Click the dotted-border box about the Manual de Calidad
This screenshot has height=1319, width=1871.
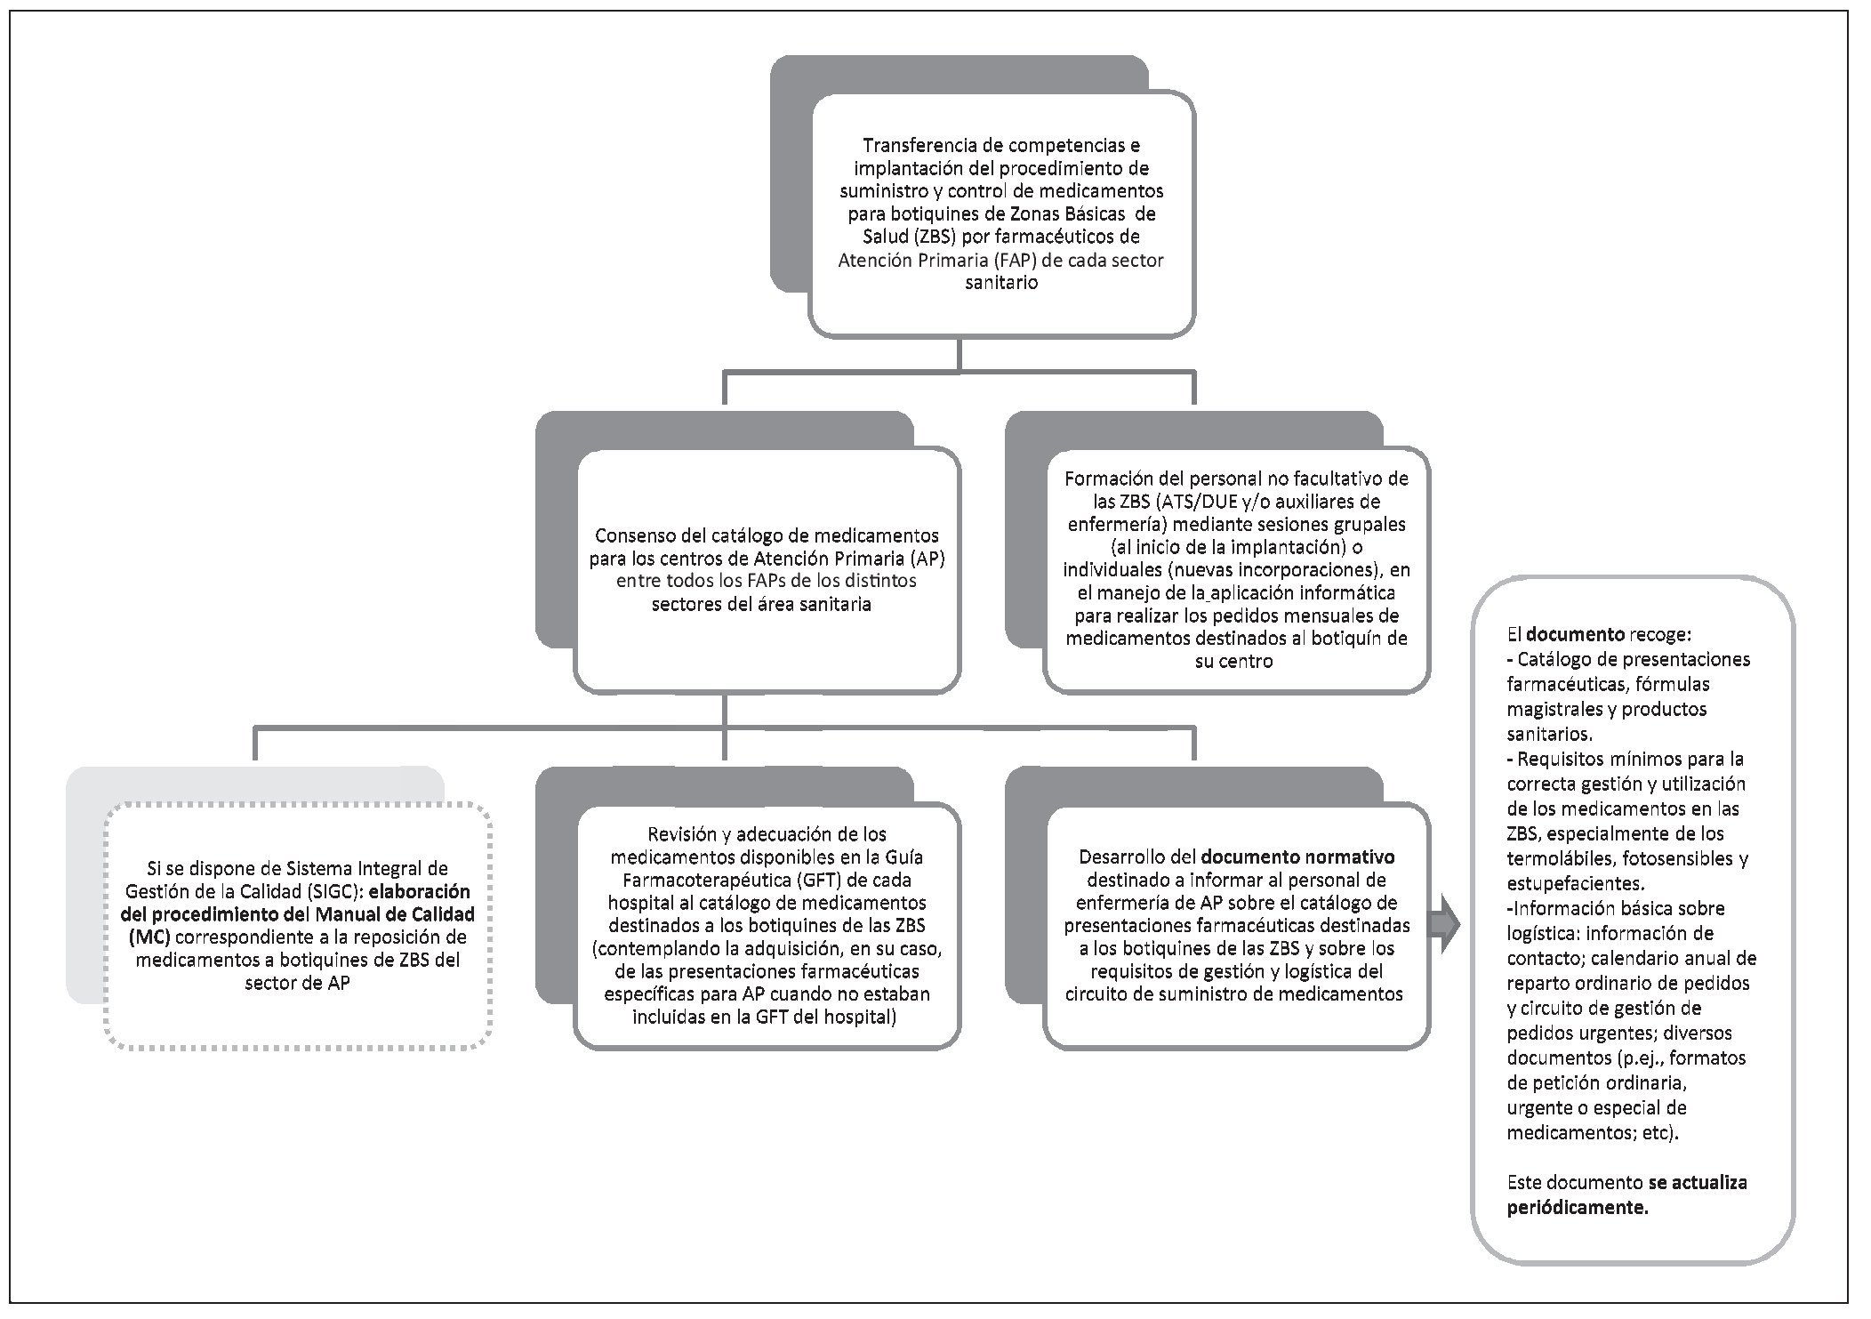pyautogui.click(x=298, y=926)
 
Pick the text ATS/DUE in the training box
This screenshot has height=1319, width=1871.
pyautogui.click(x=1167, y=502)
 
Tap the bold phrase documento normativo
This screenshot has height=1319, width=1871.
pyautogui.click(x=1297, y=857)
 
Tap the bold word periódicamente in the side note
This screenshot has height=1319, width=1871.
pyautogui.click(x=1578, y=1207)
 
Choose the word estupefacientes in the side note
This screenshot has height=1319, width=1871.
pyautogui.click(x=1575, y=884)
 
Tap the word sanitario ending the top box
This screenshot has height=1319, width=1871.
pyautogui.click(x=1001, y=284)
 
